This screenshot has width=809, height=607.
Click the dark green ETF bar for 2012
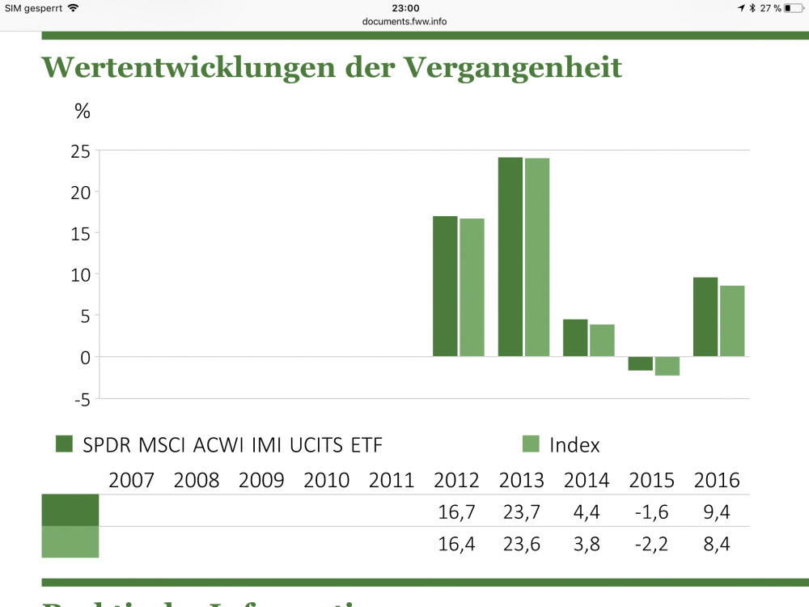(x=445, y=287)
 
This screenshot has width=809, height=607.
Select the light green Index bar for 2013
(x=536, y=257)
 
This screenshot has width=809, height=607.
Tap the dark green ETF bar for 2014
(x=575, y=338)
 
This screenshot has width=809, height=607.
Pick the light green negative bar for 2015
(x=667, y=366)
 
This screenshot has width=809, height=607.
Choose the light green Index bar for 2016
(x=732, y=321)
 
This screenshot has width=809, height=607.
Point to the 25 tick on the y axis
(x=80, y=151)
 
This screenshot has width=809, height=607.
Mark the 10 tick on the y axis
(x=80, y=274)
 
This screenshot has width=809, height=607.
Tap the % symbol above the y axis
(x=83, y=112)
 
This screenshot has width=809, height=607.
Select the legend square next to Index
(x=531, y=444)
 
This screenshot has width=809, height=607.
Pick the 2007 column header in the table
(x=132, y=480)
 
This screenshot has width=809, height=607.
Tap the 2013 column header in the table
(x=522, y=480)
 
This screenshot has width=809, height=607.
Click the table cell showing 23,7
(x=522, y=511)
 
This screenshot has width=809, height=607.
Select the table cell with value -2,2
(x=652, y=544)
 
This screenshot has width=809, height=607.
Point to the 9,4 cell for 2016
(x=717, y=511)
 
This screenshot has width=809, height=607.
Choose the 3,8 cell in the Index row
(x=587, y=544)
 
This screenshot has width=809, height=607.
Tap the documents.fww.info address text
(x=404, y=21)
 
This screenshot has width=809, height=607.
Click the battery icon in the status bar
(x=793, y=8)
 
